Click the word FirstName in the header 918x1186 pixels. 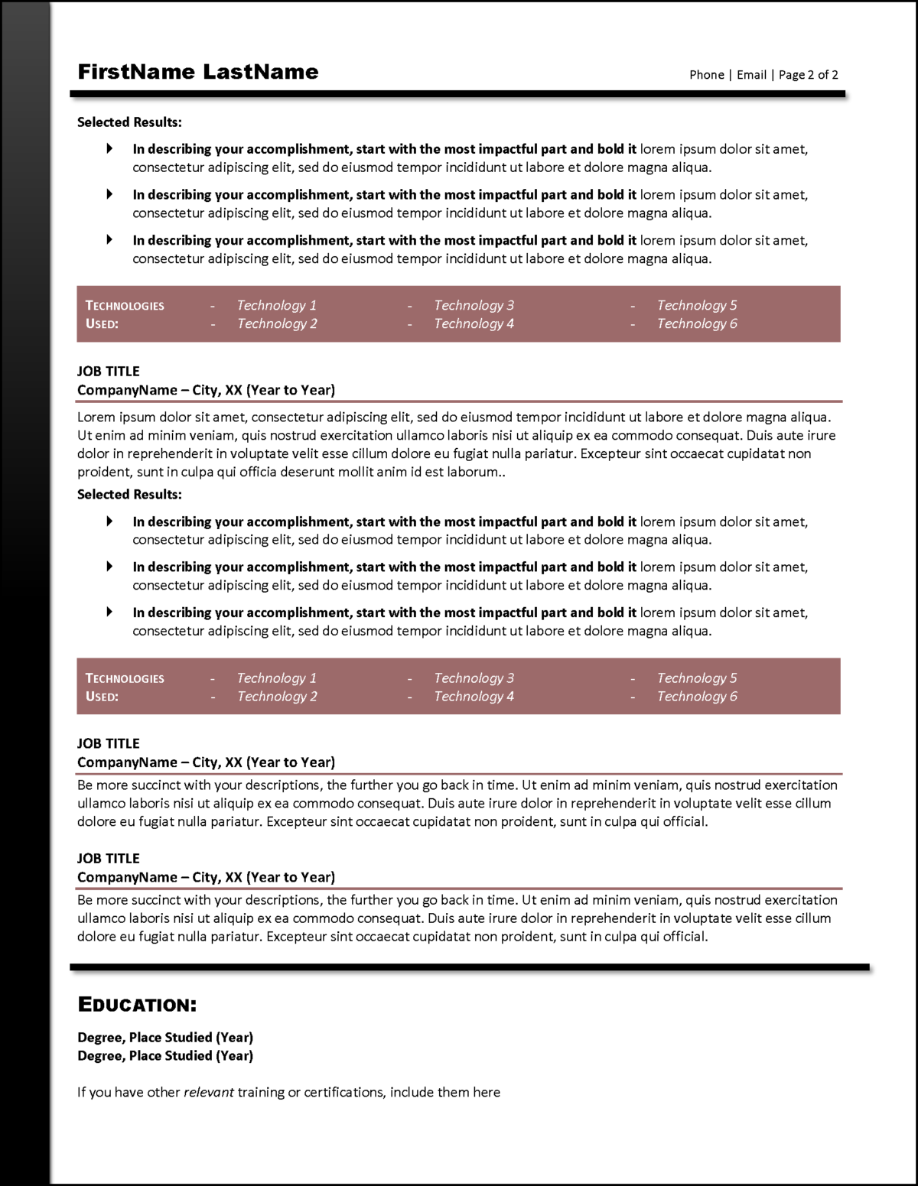136,72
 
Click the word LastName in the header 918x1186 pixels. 261,72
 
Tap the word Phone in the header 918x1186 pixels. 706,75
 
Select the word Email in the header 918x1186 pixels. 751,75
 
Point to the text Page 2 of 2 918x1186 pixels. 808,75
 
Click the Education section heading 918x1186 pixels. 137,1005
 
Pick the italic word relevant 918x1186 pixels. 208,1092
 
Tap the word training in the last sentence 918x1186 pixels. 261,1092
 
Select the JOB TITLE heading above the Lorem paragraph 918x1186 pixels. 109,372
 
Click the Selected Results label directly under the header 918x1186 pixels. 129,122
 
